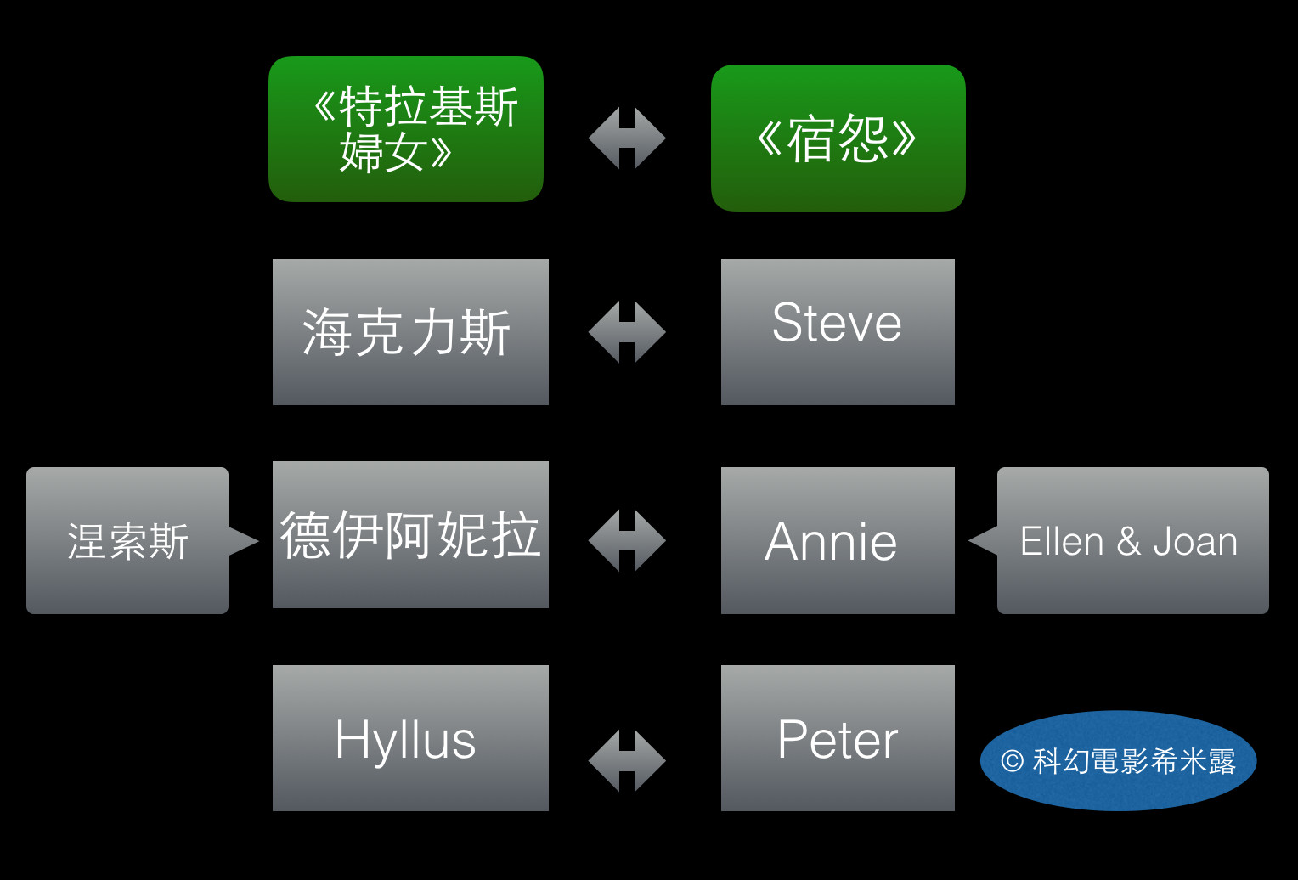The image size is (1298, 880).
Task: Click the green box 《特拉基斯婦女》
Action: tap(406, 129)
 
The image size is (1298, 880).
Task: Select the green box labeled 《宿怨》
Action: tap(838, 138)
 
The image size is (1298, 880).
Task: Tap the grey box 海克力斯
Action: tap(410, 331)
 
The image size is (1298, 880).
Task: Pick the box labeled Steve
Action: tap(838, 331)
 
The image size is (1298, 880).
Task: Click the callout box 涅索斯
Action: tap(127, 540)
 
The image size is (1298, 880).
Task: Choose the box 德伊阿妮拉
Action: tap(410, 534)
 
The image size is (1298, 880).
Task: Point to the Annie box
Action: tap(838, 540)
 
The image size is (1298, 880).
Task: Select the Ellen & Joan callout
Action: tap(1132, 540)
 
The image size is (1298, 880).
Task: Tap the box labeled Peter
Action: tap(838, 737)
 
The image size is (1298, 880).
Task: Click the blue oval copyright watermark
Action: tap(1118, 760)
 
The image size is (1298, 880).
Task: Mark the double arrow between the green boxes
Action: tap(627, 138)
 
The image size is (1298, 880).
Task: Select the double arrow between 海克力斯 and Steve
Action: tap(627, 331)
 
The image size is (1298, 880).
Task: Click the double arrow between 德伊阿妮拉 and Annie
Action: tap(627, 540)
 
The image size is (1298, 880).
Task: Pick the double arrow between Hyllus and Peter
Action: tap(627, 760)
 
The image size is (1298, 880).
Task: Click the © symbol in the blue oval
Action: tap(1011, 760)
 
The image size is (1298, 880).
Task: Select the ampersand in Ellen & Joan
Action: tap(1128, 541)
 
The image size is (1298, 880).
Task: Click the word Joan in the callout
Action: tap(1195, 541)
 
